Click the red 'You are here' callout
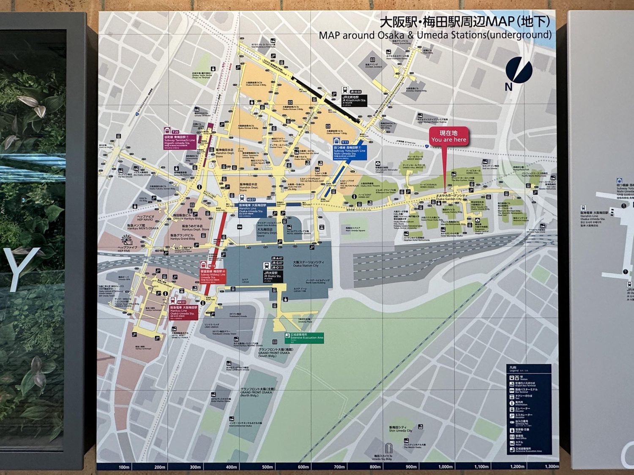[448, 136]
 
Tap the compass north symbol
[518, 71]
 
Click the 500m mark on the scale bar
[267, 467]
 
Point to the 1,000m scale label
[445, 467]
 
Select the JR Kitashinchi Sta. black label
[354, 100]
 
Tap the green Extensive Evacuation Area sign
[304, 338]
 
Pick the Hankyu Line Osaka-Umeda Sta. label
[183, 312]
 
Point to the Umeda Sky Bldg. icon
[389, 448]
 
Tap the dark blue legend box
[529, 409]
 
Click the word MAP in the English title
[331, 35]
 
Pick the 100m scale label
[124, 467]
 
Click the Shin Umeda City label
[400, 429]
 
